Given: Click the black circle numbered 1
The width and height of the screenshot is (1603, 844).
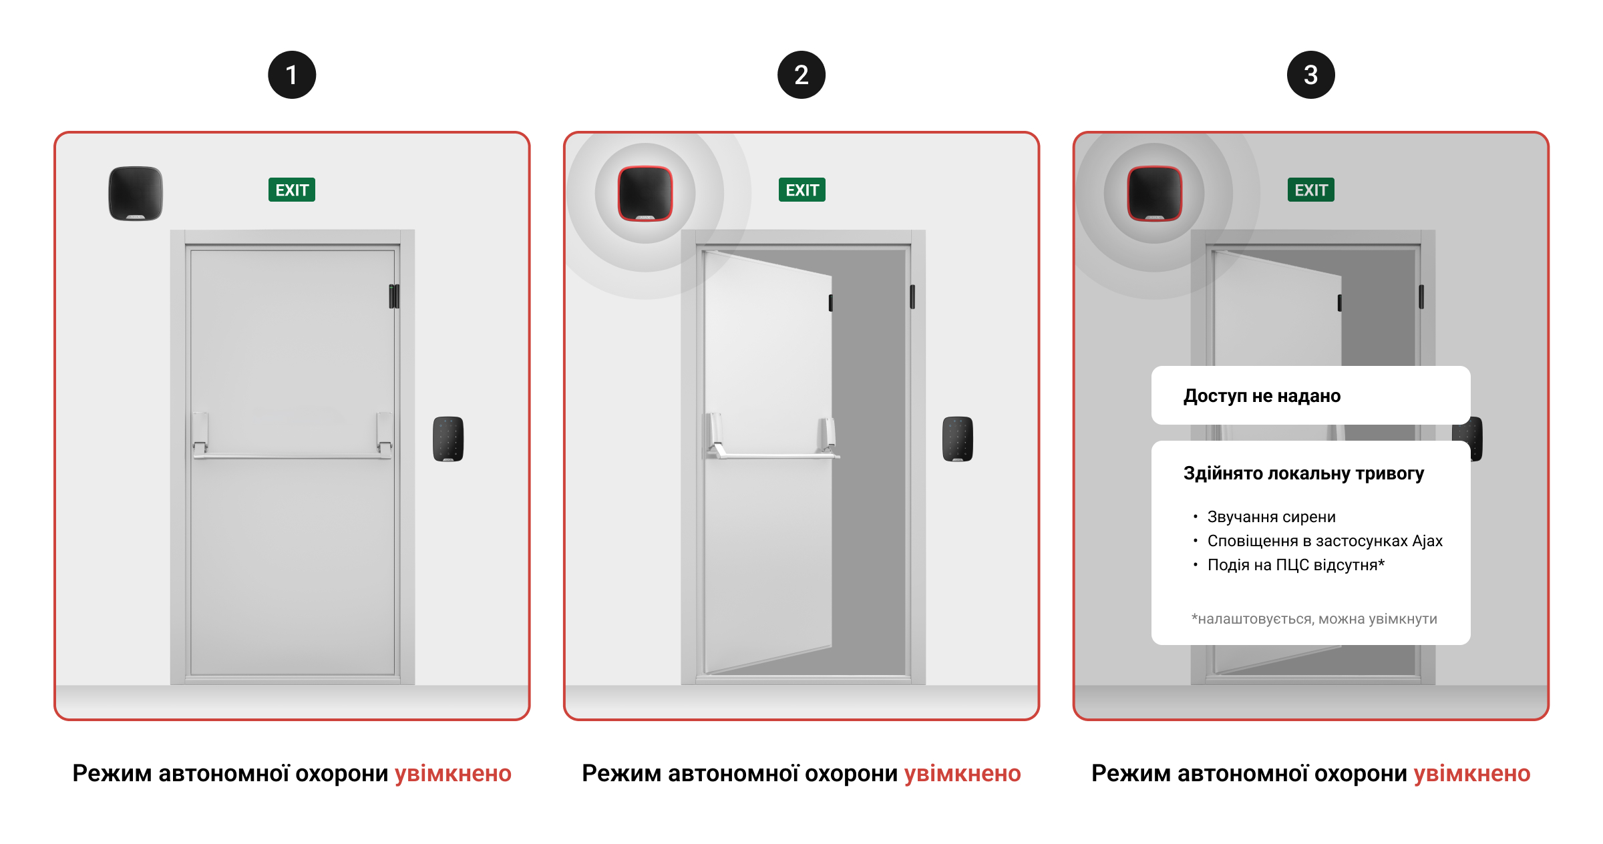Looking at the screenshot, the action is [292, 75].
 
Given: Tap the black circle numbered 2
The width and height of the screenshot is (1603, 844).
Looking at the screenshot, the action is [801, 75].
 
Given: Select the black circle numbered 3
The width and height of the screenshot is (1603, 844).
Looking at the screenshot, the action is [1311, 75].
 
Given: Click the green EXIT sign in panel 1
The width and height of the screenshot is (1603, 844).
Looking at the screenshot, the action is [292, 190].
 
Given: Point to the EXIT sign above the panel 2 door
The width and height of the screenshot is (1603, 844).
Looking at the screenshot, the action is [802, 190].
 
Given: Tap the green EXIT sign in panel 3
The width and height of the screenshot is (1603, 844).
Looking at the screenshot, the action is [1311, 190].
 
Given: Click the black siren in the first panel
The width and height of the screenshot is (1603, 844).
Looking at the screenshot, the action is [136, 193].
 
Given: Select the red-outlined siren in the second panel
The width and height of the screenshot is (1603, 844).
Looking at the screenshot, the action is [645, 193].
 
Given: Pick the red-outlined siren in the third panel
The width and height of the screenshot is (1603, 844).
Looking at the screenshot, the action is [1155, 193].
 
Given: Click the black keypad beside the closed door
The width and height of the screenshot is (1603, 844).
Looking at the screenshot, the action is [448, 439].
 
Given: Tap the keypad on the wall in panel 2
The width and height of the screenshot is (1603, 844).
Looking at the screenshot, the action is [958, 439].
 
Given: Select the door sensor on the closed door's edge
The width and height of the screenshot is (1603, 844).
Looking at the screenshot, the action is [394, 296].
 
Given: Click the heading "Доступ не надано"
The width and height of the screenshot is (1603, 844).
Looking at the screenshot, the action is [1262, 396].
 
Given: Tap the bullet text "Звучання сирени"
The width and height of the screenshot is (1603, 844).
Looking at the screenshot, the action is [1271, 517].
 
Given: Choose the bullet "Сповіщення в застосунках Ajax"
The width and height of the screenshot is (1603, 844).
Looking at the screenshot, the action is [1325, 541].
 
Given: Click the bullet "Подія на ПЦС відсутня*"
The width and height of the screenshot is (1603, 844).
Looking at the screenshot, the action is [1296, 565].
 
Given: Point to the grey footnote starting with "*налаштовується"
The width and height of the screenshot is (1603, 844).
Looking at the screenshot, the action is [1314, 619].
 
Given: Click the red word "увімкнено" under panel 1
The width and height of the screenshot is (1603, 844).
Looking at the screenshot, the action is [453, 773].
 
